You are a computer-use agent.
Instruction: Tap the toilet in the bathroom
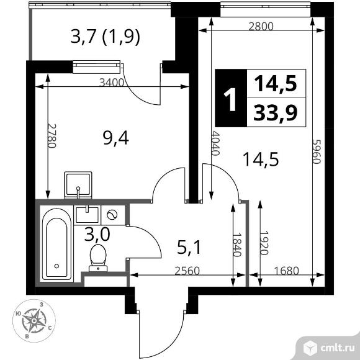pos(98,257)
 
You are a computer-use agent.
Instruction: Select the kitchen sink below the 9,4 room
pos(79,184)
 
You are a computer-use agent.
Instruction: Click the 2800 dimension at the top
pos(261,27)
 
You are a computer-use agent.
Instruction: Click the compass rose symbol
pos(31,321)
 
